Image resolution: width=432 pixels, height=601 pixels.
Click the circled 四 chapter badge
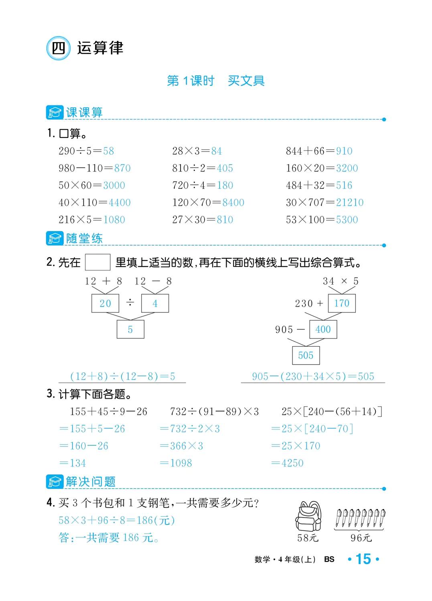59,48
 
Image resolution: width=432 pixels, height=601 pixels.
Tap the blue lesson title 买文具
246,81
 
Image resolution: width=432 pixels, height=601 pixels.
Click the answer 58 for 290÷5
108,151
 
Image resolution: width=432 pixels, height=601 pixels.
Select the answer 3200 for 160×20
347,168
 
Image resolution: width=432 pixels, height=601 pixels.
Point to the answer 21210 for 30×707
350,203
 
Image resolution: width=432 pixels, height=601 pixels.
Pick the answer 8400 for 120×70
233,203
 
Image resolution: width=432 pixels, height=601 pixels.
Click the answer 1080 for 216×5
114,220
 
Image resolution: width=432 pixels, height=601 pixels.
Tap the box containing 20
105,303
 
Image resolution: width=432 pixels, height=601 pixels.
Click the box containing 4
155,303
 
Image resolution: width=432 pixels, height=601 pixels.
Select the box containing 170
342,303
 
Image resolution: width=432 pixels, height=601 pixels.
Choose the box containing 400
323,329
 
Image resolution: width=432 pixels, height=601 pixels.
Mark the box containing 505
306,355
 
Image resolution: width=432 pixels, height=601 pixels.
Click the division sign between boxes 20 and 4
130,302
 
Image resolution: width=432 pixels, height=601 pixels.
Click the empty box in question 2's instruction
97,262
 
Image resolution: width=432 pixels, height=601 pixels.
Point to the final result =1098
176,463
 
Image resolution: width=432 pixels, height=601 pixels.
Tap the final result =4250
288,463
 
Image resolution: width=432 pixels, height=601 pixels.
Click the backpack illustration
308,516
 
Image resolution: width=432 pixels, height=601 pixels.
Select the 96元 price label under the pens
361,538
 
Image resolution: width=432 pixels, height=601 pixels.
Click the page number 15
363,559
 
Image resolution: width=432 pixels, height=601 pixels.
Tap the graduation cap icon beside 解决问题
55,482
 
